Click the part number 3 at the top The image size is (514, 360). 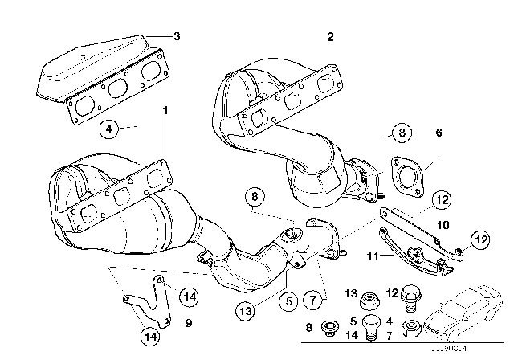pos(177,35)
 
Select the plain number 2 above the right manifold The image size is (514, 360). pos(330,37)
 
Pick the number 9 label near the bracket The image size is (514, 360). pos(187,325)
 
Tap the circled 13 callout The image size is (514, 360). pos(247,308)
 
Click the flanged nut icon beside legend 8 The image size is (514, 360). pos(328,329)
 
